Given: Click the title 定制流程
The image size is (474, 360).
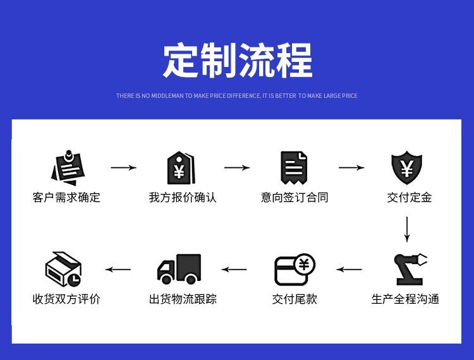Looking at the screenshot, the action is [238, 61].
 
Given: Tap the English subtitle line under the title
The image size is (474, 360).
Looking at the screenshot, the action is [237, 96].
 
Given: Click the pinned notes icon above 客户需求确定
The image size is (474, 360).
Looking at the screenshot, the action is [68, 167].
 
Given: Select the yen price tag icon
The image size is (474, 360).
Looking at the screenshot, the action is [181, 167].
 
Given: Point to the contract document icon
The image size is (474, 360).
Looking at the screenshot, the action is [294, 167].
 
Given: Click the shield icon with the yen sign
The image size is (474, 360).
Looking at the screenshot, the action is [406, 167].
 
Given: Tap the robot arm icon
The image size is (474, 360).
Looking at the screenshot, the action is [410, 270].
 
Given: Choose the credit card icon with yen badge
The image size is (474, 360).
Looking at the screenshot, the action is [295, 270].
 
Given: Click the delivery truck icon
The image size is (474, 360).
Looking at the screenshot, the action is [179, 269].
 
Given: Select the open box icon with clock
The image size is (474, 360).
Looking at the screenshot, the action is [63, 269].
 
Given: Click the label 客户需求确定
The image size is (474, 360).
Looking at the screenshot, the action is [66, 198].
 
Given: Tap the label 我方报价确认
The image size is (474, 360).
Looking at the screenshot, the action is [183, 198].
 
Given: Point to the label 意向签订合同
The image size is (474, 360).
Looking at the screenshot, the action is [295, 198].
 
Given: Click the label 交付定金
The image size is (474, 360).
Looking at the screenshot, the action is [410, 198].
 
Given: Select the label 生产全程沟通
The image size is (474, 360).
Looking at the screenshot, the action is [405, 299].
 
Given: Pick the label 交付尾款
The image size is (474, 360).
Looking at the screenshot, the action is [295, 299].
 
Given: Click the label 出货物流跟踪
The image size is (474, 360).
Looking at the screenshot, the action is [183, 299].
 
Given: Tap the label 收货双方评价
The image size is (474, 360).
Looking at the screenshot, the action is [66, 299].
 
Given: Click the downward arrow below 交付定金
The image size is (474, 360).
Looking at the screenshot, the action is [407, 229].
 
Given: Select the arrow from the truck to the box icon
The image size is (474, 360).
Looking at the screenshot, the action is [118, 270].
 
